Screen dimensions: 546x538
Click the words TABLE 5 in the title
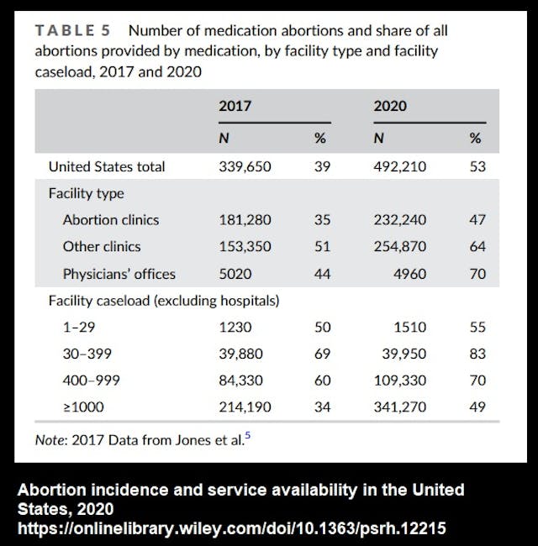coord(72,30)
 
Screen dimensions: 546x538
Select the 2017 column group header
coord(235,107)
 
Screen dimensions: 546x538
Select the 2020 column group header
coord(391,107)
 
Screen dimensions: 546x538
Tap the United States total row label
coord(107,166)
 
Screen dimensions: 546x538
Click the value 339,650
coord(245,166)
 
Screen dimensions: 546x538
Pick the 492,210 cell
coord(399,166)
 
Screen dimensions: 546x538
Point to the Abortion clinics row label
coord(110,220)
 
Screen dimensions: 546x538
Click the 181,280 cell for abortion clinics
coord(245,220)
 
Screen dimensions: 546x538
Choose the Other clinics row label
coord(102,247)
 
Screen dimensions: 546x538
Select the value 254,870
coord(399,247)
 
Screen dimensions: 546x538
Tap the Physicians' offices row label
coord(119,274)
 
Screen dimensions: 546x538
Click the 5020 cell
coord(235,274)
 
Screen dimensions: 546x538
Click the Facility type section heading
coord(86,193)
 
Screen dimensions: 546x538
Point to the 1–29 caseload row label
coord(79,327)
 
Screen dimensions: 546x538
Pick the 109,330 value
coord(399,381)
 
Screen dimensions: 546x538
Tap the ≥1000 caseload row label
coord(82,407)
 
